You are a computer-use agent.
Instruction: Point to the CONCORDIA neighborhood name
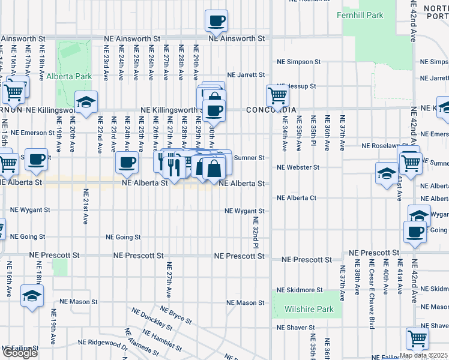(271, 110)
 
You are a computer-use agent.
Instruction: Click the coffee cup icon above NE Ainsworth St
(216, 20)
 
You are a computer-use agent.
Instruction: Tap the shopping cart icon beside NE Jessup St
(277, 95)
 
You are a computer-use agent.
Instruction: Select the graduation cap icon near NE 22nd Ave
(86, 101)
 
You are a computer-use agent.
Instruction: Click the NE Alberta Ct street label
(296, 197)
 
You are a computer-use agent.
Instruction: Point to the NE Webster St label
(298, 167)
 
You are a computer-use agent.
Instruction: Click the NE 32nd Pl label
(255, 234)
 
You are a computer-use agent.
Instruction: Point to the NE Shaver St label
(295, 328)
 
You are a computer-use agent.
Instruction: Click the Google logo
(20, 353)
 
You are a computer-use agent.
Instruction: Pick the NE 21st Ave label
(86, 206)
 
